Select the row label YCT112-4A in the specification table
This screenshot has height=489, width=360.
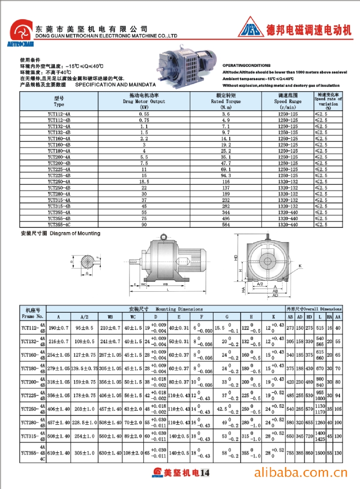click(59, 114)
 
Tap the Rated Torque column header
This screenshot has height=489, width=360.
click(226, 101)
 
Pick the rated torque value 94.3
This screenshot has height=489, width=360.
click(226, 175)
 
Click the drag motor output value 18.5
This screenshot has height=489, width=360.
click(144, 181)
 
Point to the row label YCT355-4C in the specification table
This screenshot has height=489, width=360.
click(59, 224)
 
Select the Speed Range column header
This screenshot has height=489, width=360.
click(287, 101)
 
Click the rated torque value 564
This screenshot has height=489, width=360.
click(226, 224)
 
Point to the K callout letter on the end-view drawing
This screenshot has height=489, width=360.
click(301, 265)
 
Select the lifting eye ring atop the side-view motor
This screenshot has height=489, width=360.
click(163, 237)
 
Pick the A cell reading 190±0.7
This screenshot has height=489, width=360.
click(59, 328)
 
